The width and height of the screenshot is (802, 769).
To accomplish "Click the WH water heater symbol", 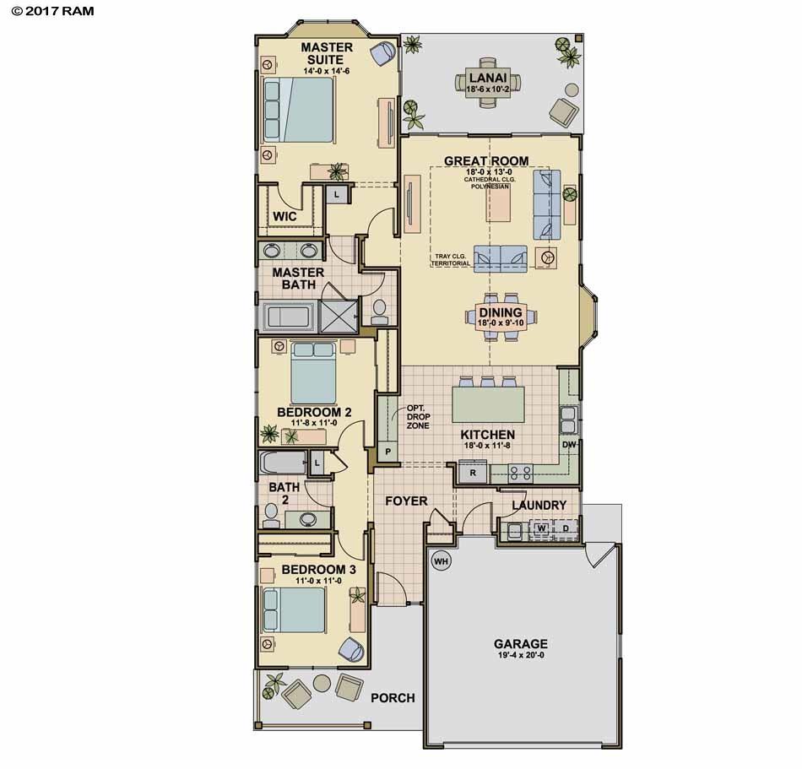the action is click(x=441, y=561).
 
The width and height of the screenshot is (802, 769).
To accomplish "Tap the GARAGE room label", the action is click(x=520, y=644).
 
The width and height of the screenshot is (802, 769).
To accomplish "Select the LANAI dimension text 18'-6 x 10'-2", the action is click(x=487, y=89).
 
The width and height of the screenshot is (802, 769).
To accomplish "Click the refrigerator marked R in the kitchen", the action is click(x=473, y=473).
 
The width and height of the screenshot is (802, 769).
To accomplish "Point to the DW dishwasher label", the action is click(x=569, y=445).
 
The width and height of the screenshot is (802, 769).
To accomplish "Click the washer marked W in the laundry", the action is click(x=541, y=528).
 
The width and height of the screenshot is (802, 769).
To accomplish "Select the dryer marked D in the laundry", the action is click(x=566, y=528).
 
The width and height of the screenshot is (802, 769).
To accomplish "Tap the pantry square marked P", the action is click(x=388, y=452).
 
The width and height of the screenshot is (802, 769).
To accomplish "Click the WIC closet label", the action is click(x=284, y=216).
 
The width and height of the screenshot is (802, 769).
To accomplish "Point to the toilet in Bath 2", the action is click(x=271, y=516).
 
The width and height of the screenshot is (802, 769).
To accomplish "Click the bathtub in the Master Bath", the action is click(x=289, y=316).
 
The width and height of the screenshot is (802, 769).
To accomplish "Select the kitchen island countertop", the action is click(x=488, y=404).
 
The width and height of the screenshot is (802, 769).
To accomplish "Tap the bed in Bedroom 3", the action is click(x=294, y=610).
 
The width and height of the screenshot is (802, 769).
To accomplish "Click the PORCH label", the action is click(x=393, y=698).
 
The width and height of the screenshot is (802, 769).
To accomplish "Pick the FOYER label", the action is click(x=406, y=501).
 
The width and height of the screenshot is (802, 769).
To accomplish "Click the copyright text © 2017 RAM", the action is click(x=52, y=11).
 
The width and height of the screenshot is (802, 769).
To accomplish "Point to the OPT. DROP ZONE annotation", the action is click(x=418, y=417).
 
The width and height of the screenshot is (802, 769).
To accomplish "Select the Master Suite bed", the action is click(x=299, y=110).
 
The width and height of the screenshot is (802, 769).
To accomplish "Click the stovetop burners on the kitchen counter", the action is click(x=520, y=473).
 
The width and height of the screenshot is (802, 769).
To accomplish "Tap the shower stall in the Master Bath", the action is click(x=338, y=316).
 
